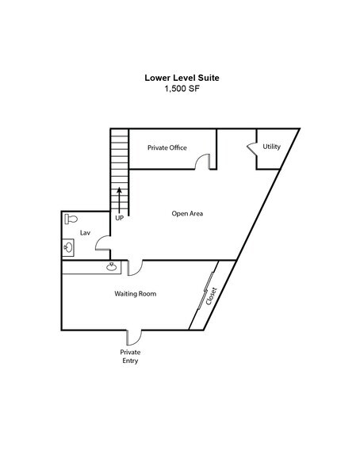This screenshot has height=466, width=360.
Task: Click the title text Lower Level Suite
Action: coord(182,78)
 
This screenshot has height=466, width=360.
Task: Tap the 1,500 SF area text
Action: coord(182,88)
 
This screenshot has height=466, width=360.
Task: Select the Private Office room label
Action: coord(167,147)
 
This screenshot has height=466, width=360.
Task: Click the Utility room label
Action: coord(271,147)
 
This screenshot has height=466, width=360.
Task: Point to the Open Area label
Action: coord(187,213)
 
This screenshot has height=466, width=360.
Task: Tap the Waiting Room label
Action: coord(136,293)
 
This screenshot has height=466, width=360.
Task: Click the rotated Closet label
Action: coord(212,296)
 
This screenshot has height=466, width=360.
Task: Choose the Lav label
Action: coord(85,233)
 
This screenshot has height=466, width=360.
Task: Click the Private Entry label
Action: coord(130,357)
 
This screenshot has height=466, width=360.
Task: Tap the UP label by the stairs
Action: coord(119,218)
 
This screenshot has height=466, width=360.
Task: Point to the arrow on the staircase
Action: coord(119,201)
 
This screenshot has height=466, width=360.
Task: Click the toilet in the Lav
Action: coord(71,219)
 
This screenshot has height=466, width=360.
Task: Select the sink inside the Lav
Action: coord(68,247)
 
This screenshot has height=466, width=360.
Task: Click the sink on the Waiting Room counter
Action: coord(112,267)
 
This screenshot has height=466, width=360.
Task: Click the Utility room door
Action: coord(252,148)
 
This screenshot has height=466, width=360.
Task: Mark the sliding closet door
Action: coord(205,291)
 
